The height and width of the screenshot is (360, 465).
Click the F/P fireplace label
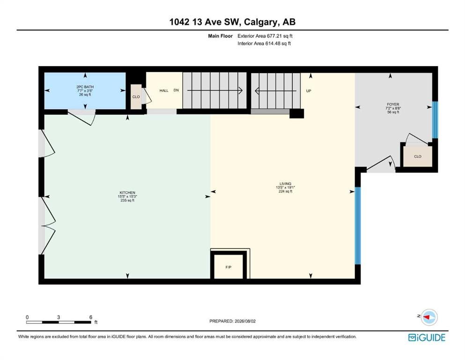pyautogui.click(x=229, y=267)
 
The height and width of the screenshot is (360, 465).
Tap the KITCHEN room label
pyautogui.click(x=127, y=193)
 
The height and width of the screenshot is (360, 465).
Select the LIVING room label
pyautogui.click(x=285, y=184)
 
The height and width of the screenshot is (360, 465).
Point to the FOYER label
pyautogui.click(x=393, y=105)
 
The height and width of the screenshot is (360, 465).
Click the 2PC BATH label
pyautogui.click(x=85, y=87)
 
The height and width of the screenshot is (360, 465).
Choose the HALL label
pyautogui.click(x=164, y=90)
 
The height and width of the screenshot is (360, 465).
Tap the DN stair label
pyautogui.click(x=176, y=90)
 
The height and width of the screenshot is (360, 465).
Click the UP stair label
pyautogui.click(x=309, y=91)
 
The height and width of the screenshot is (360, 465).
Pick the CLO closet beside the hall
pyautogui.click(x=136, y=97)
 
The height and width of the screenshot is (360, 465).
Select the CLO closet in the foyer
pyautogui.click(x=418, y=157)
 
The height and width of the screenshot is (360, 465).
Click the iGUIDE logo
pyautogui.click(x=427, y=338)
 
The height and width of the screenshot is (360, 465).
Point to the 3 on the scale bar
pyautogui.click(x=59, y=317)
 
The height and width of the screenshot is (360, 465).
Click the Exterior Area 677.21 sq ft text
pyautogui.click(x=265, y=36)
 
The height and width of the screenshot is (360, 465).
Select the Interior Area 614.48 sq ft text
pyautogui.click(x=264, y=43)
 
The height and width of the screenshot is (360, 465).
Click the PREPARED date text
pyautogui.click(x=232, y=321)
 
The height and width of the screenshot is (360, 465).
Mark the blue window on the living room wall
pyautogui.click(x=358, y=225)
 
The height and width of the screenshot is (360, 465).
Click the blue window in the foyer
pyautogui.click(x=435, y=120)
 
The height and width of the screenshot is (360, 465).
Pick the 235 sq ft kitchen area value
pyautogui.click(x=127, y=200)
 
